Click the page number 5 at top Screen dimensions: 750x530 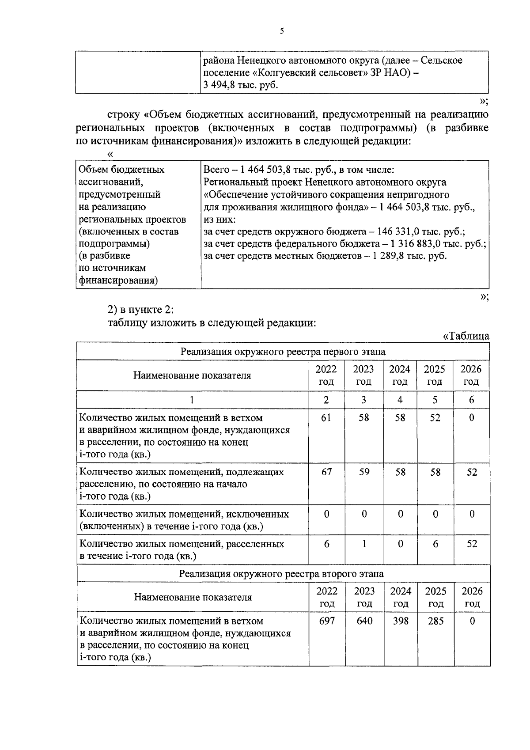tap(282, 31)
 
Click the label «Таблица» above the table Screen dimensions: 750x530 tap(466, 336)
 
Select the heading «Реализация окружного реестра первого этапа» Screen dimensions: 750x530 tap(283, 352)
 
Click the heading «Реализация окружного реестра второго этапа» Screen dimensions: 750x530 tap(283, 574)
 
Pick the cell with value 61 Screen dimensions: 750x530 tap(326, 418)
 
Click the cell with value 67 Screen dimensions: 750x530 tap(326, 472)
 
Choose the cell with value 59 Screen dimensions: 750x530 tap(363, 472)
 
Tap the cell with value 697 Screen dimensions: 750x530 tap(327, 621)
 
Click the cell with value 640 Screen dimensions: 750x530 tap(364, 621)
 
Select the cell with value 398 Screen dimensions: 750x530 tap(401, 621)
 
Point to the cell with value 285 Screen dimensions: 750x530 tap(436, 621)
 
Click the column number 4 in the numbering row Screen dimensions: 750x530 tap(400, 400)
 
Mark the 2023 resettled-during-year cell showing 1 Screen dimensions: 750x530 tap(363, 544)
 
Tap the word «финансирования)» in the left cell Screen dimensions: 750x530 tap(119, 280)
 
